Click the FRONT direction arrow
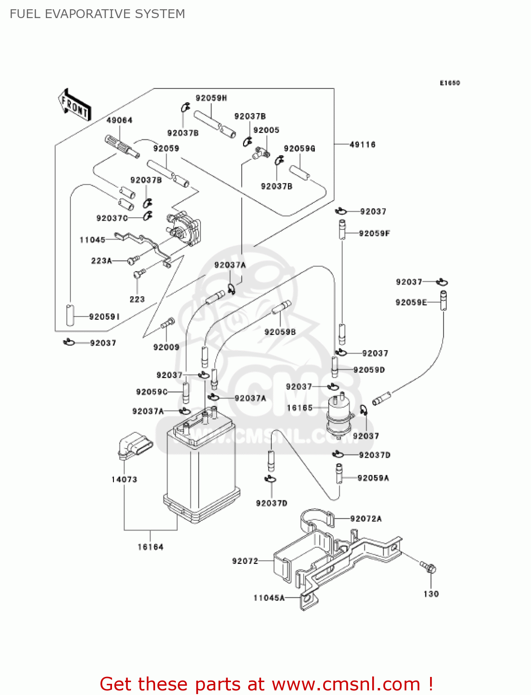[75, 105]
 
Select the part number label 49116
[362, 145]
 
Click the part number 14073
[124, 480]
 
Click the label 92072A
[366, 519]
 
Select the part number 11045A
[269, 598]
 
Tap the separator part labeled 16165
[339, 416]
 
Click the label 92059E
[411, 303]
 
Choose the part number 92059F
[374, 234]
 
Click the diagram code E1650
[450, 83]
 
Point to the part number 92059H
[211, 98]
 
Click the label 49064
[119, 120]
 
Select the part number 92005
[266, 130]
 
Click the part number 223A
[101, 261]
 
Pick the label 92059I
[104, 317]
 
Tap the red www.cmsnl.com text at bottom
[346, 684]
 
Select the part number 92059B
[280, 332]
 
